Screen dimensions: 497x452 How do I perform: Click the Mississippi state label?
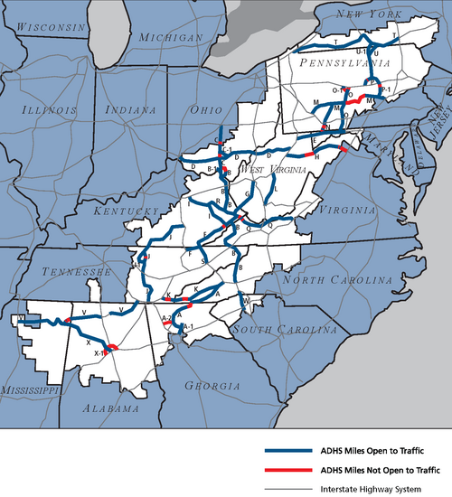[31, 389]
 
